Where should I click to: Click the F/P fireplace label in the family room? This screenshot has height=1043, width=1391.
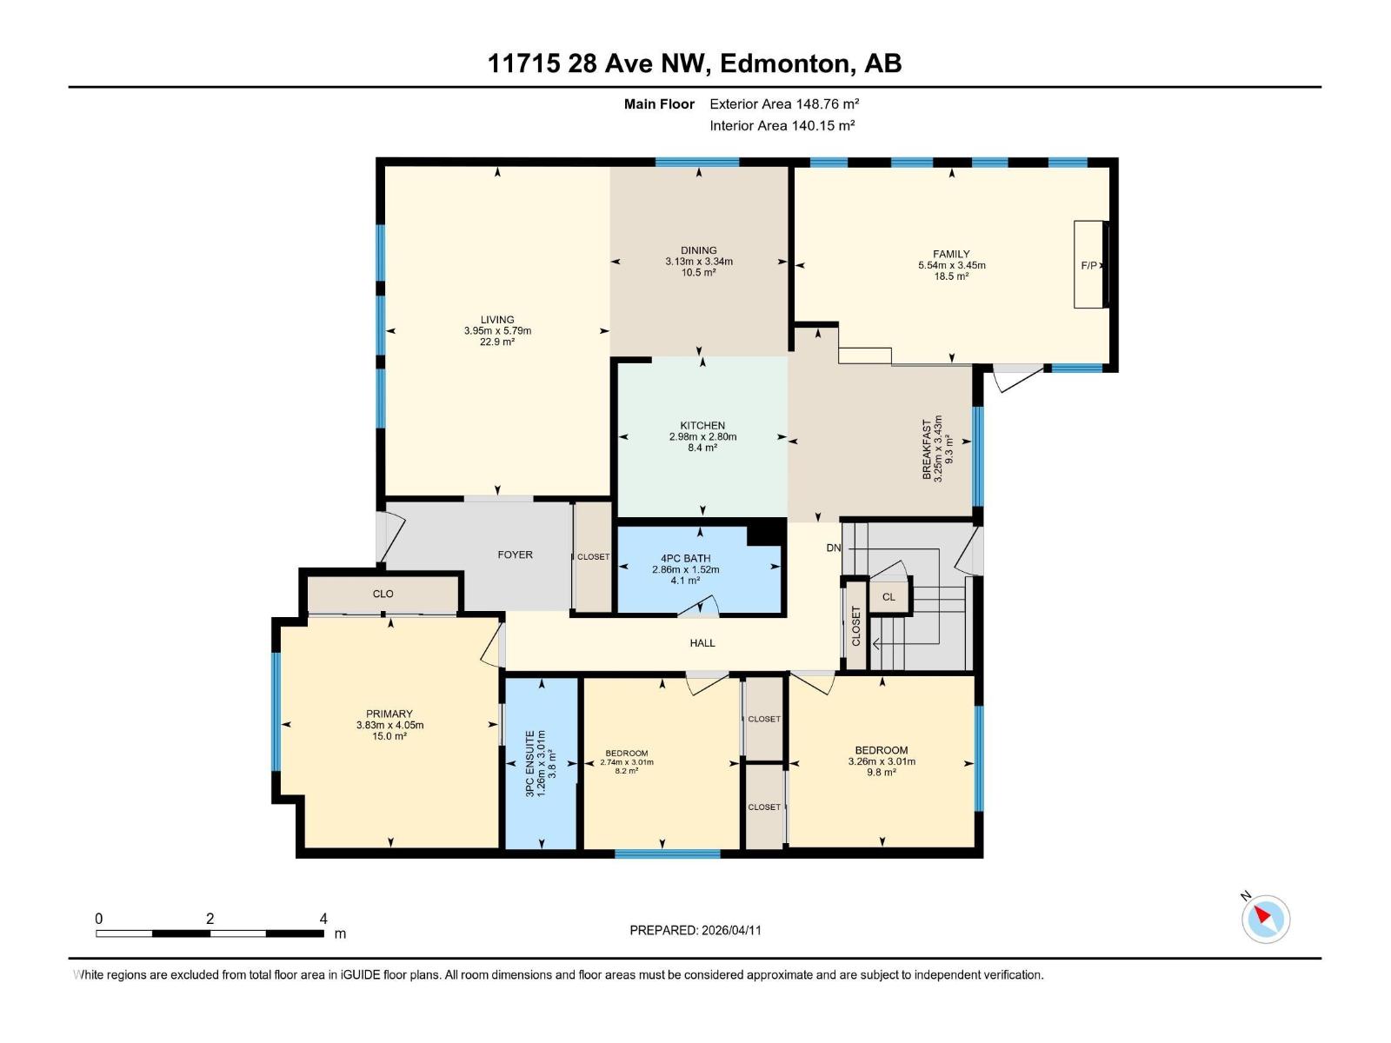1088,265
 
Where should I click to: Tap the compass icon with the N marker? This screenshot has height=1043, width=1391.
1265,919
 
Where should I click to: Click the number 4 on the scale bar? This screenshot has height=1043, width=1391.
323,919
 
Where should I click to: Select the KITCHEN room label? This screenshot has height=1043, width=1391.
702,426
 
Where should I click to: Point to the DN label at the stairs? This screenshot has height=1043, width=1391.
834,548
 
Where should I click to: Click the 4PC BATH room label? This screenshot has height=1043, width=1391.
685,559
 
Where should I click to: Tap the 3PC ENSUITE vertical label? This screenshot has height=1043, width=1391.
529,764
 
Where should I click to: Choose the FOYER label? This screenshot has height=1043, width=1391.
515,555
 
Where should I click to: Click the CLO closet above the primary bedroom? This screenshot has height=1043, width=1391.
383,594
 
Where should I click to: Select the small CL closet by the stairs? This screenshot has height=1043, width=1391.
888,597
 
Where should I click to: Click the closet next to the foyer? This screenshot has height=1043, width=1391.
593,557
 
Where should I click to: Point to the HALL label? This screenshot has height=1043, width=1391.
702,643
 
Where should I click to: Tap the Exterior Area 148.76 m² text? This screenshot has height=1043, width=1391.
784,103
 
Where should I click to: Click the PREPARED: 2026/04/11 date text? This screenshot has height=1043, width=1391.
695,930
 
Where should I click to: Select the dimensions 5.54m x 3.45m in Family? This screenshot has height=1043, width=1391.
951,265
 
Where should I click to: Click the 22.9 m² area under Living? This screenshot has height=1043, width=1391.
497,342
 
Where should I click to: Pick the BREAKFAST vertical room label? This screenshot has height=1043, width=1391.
927,449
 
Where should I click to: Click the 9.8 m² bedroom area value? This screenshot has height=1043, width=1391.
882,772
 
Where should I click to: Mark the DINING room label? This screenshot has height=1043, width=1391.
699,250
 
